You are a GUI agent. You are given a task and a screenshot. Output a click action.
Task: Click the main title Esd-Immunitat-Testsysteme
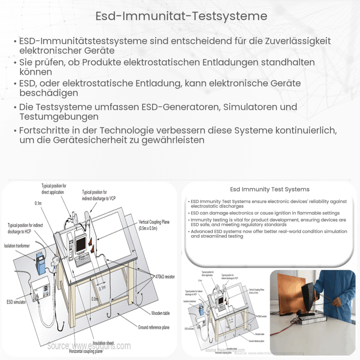click(180, 16)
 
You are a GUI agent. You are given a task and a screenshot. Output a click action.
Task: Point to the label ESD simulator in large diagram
click(15, 302)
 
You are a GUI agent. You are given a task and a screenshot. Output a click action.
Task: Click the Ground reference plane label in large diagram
click(154, 327)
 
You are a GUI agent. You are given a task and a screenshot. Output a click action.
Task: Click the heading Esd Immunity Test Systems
click(270, 189)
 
